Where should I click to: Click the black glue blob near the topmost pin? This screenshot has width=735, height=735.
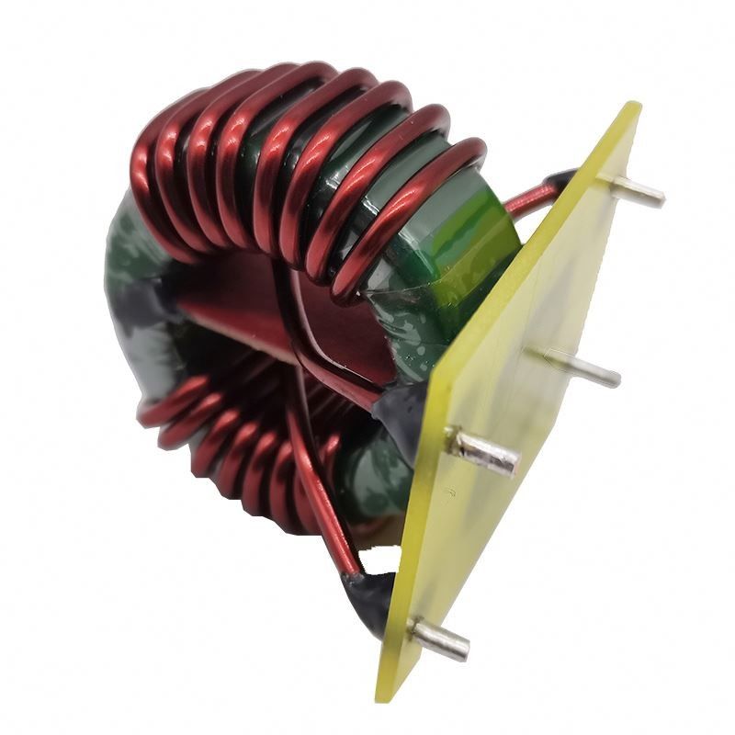click(x=561, y=179)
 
